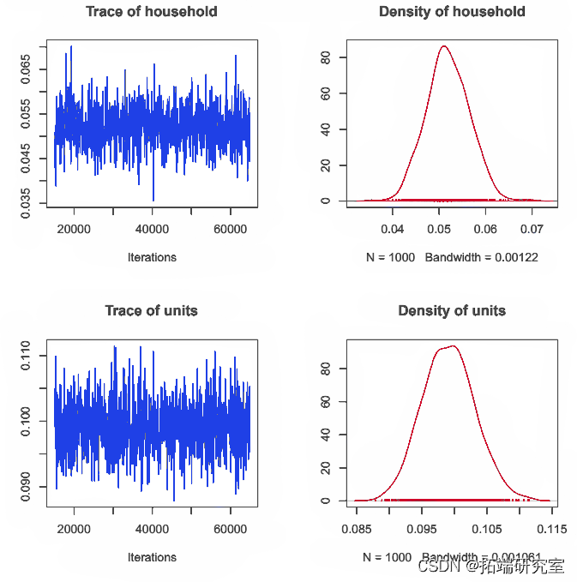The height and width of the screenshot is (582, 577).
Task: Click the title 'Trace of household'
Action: [x=151, y=12]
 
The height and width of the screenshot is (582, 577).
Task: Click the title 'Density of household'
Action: [x=452, y=12]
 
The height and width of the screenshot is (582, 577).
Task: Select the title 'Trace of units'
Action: [x=151, y=310]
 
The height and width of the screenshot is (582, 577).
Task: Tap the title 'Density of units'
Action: [x=452, y=310]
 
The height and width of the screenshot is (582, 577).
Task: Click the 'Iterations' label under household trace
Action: [x=152, y=257]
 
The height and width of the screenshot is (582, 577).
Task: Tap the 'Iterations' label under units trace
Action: [x=152, y=557]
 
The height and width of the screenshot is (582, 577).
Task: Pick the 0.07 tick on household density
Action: [x=532, y=229]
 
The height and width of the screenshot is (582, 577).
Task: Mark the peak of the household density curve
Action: [x=443, y=46]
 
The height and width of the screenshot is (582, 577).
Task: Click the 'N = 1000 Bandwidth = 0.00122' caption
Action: [x=452, y=257]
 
